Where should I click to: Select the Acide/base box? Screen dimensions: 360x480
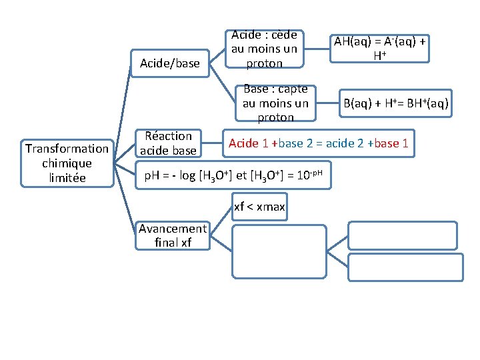(169, 63)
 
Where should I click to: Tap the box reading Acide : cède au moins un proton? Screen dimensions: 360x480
(264, 49)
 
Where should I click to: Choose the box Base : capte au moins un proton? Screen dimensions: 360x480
(275, 103)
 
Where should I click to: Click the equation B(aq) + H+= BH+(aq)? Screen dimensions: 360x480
(395, 104)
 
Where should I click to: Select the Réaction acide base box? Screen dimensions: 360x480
(168, 143)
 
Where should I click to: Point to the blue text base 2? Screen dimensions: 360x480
(297, 143)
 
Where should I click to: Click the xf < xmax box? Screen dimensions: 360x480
(259, 207)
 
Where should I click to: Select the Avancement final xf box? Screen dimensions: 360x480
(173, 235)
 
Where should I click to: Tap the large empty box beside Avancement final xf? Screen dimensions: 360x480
(279, 251)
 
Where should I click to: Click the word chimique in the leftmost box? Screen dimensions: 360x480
(66, 163)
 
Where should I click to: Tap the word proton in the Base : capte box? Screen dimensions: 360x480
(275, 117)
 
